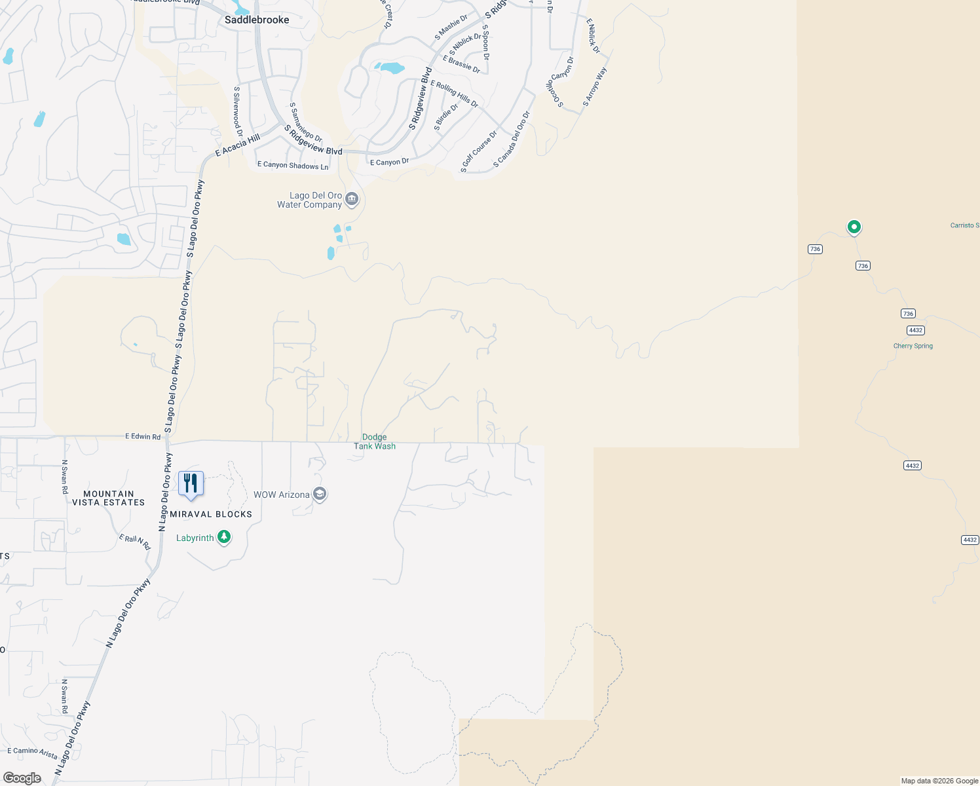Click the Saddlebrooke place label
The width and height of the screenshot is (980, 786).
257,20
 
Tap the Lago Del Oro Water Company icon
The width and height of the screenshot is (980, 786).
352,199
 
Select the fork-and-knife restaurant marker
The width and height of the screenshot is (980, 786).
191,483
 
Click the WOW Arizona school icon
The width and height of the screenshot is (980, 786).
320,494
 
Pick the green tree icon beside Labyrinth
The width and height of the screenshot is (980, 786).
224,538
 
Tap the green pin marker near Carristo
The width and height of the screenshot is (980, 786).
854,227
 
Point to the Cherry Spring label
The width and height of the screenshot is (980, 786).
913,346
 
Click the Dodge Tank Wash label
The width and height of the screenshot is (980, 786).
375,441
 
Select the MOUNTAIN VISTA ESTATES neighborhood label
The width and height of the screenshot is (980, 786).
108,498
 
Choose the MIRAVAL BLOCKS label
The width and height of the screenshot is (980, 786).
211,514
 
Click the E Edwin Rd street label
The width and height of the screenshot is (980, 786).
143,436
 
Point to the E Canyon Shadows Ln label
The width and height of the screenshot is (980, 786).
293,165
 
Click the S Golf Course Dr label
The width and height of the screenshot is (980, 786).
479,152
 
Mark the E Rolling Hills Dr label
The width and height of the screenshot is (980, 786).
454,94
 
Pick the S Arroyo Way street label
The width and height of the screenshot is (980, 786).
595,86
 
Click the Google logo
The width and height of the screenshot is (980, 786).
22,777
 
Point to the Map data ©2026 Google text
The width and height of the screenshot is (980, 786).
939,781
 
